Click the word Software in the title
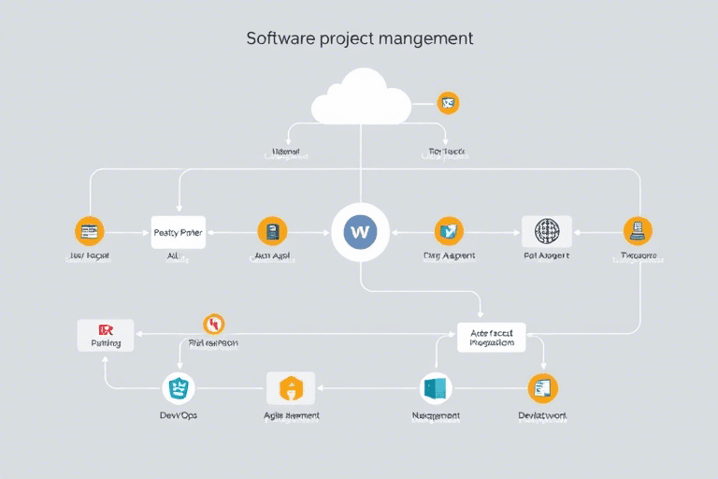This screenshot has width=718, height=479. (279, 38)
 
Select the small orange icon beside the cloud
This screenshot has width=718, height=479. (449, 103)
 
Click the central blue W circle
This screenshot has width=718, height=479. (360, 230)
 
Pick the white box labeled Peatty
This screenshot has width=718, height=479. (178, 231)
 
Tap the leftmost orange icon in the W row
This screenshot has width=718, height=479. (90, 230)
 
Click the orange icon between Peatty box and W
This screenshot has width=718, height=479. (272, 230)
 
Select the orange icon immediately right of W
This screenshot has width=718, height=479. (449, 230)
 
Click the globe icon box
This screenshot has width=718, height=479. (546, 231)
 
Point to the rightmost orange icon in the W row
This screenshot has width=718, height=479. (639, 230)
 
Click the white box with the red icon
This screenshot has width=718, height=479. (105, 335)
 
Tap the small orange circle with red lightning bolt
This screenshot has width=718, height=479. (214, 324)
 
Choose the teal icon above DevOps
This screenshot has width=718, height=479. (178, 387)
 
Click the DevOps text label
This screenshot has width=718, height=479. (179, 414)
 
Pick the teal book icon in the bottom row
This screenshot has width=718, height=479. (437, 387)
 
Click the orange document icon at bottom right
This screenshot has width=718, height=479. (542, 387)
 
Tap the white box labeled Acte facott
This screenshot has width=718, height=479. (492, 336)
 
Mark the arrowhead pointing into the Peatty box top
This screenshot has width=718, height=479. (179, 213)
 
